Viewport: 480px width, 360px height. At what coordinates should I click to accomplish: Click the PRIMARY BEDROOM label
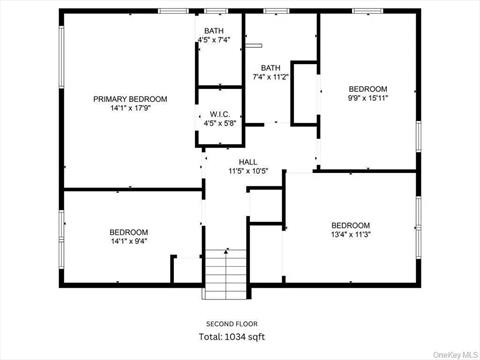tap(130, 99)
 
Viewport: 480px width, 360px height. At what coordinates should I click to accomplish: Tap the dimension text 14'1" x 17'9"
tap(130, 109)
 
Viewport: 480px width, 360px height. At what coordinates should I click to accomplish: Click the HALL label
tap(249, 161)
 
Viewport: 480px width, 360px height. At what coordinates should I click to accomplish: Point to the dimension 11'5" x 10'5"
tap(249, 171)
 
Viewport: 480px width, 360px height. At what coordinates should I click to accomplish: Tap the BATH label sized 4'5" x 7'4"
tap(214, 31)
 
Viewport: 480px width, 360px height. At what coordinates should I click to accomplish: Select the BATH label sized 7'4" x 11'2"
tap(271, 67)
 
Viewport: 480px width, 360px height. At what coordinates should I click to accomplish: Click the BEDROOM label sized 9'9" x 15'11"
tap(368, 88)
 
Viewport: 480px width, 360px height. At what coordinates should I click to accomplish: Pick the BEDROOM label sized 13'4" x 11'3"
tap(350, 225)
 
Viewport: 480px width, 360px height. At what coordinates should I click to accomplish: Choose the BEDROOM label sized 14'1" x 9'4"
tap(129, 232)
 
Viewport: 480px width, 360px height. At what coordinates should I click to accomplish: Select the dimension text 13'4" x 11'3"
tap(350, 235)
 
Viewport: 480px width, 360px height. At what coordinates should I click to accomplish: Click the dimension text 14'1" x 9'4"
tap(129, 241)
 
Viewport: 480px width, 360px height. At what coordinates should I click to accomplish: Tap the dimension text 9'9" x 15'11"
tap(368, 98)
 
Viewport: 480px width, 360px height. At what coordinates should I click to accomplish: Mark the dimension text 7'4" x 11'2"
tap(271, 77)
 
